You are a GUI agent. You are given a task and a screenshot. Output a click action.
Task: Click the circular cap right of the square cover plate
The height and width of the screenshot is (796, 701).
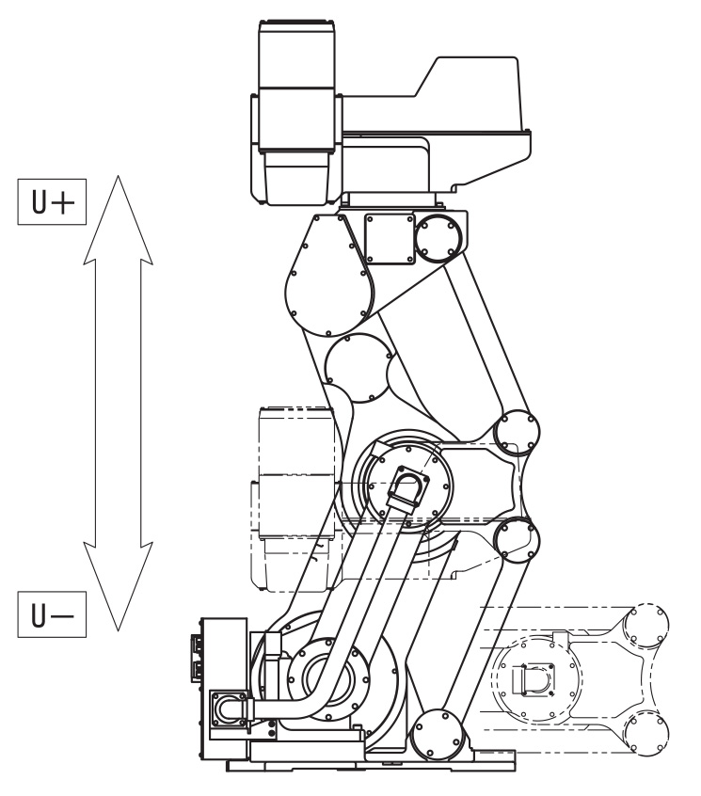click(x=437, y=235)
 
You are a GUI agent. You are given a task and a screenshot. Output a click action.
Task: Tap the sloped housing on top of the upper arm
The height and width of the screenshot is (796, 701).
click(x=470, y=103)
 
